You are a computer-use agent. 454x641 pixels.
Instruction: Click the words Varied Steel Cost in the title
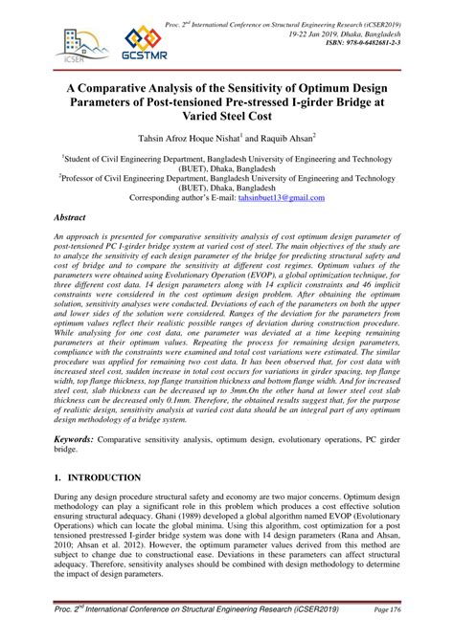pyautogui.click(x=227, y=115)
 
